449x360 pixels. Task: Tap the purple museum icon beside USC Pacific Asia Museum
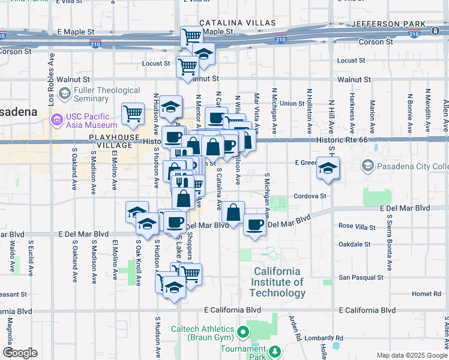click(x=58, y=121)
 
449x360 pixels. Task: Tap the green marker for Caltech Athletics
click(x=243, y=332)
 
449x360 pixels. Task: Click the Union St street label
click(x=292, y=103)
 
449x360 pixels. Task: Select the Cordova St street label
click(x=310, y=196)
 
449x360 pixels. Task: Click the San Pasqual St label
click(x=360, y=278)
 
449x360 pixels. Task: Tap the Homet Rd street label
click(x=427, y=294)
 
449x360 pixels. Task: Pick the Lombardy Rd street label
click(x=322, y=338)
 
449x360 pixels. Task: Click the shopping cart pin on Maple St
click(x=191, y=36)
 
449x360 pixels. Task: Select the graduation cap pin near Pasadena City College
click(x=328, y=169)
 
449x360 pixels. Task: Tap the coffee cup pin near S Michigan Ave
click(x=255, y=224)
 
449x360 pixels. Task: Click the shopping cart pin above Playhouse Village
click(x=133, y=112)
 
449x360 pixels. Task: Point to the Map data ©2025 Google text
click(x=411, y=355)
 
